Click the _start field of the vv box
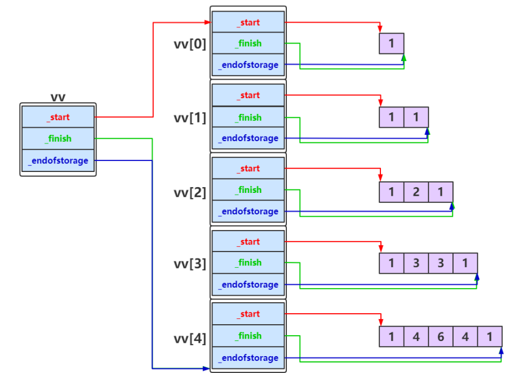tap(58, 117)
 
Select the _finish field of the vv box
tap(58, 138)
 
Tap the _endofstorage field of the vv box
tap(58, 160)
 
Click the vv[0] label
tap(190, 44)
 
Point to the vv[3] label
tap(190, 264)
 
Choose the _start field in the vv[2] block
tap(248, 168)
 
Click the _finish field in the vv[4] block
tap(248, 335)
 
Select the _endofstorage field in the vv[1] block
tap(248, 138)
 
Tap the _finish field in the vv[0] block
tap(248, 43)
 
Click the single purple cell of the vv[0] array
tap(391, 44)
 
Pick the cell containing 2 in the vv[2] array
tap(416, 192)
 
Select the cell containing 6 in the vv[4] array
tap(441, 336)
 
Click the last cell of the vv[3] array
tap(465, 263)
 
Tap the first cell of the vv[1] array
tap(391, 117)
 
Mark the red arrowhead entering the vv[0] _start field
tap(207, 23)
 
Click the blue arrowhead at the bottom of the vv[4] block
tap(206, 369)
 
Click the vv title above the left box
tap(58, 98)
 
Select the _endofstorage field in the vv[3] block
tap(248, 284)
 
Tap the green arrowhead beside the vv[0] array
tap(404, 58)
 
